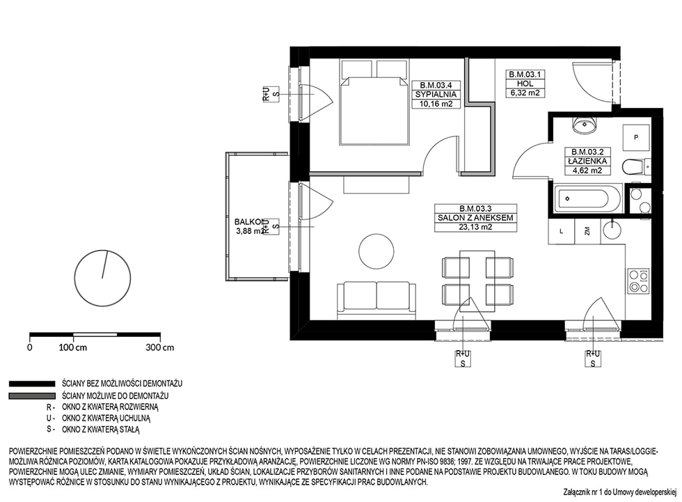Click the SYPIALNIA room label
(x=436, y=95)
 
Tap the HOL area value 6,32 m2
(x=525, y=93)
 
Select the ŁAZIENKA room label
(x=587, y=161)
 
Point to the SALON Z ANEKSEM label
(x=475, y=217)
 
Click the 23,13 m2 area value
(x=475, y=227)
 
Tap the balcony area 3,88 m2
(x=250, y=231)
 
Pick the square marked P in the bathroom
(x=636, y=137)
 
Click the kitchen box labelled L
(x=562, y=231)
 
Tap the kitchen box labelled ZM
(x=587, y=231)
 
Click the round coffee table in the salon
(x=376, y=251)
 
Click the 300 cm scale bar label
(x=160, y=347)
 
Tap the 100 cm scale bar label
(x=72, y=347)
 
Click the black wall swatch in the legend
(x=32, y=384)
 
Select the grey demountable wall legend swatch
(x=32, y=396)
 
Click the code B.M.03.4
(x=436, y=85)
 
